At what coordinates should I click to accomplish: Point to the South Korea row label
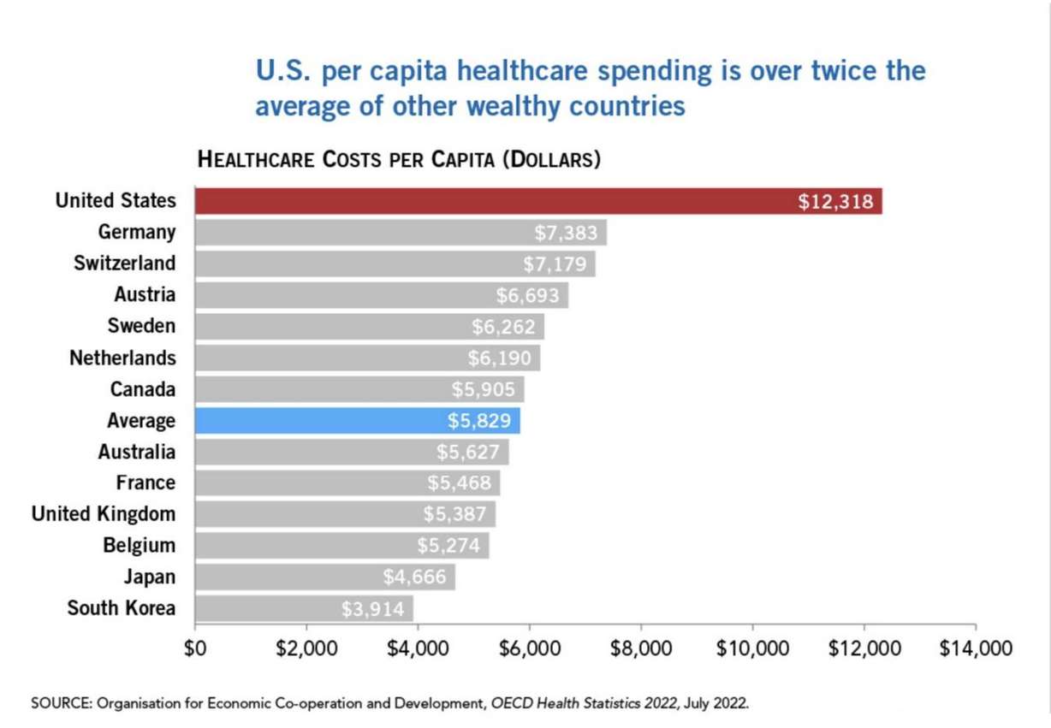coord(121,608)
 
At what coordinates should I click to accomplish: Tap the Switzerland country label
coord(124,263)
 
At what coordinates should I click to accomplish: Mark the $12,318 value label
coord(835,202)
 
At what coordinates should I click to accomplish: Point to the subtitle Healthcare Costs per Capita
coord(398,159)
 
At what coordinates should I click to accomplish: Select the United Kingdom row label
coord(103,514)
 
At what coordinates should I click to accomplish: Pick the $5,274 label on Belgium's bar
coord(448,546)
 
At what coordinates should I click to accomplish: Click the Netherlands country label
coord(122,358)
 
